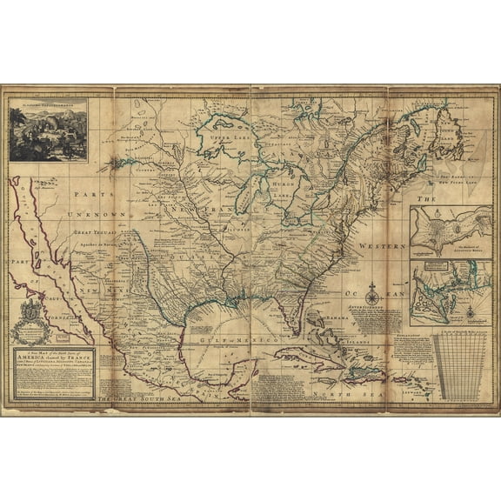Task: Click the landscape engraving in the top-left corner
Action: (48, 130)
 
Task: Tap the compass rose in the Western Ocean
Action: (371, 288)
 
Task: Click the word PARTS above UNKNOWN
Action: (91, 196)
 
